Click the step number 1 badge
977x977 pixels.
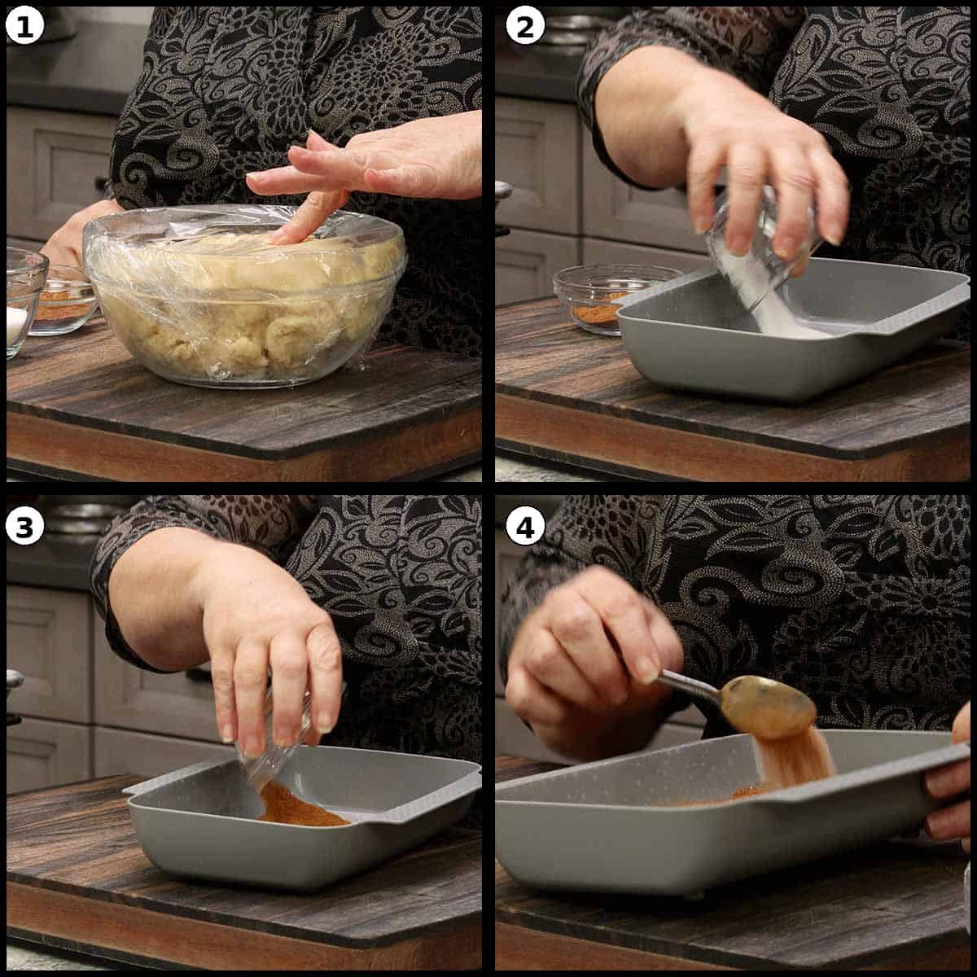click(x=25, y=26)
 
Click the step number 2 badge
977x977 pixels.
click(x=525, y=26)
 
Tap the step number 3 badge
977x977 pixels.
click(x=25, y=527)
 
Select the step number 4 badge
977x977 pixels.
click(x=525, y=527)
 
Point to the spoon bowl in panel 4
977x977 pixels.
click(x=769, y=706)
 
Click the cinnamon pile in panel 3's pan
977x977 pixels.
click(x=299, y=806)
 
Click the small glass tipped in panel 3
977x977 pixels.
click(x=274, y=745)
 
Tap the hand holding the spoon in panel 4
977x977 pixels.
click(x=588, y=659)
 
